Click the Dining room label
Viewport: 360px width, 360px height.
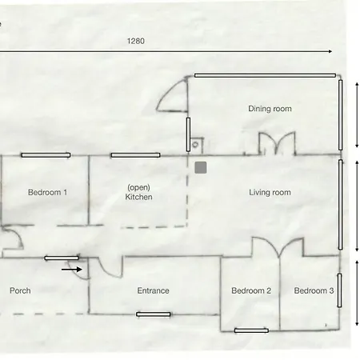pyautogui.click(x=270, y=109)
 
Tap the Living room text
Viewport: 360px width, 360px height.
pyautogui.click(x=270, y=192)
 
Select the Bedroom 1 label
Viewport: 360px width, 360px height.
pyautogui.click(x=47, y=192)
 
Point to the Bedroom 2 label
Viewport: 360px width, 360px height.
pyautogui.click(x=251, y=290)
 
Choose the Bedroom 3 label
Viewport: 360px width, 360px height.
pyautogui.click(x=314, y=290)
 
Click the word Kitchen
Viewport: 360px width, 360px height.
pyautogui.click(x=138, y=197)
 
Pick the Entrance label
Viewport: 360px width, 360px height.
pyautogui.click(x=153, y=290)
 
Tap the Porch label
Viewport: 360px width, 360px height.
pyautogui.click(x=20, y=290)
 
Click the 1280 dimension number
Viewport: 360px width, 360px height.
pyautogui.click(x=136, y=41)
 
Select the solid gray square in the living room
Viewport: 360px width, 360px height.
pyautogui.click(x=201, y=167)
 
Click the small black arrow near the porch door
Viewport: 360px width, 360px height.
pyautogui.click(x=71, y=270)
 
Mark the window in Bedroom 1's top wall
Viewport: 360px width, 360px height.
pyautogui.click(x=46, y=155)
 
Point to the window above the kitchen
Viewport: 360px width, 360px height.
pyautogui.click(x=135, y=155)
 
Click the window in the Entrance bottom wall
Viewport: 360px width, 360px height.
pyautogui.click(x=154, y=314)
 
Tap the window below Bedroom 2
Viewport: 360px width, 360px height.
pyautogui.click(x=251, y=330)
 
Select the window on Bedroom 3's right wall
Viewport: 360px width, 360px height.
pyautogui.click(x=339, y=290)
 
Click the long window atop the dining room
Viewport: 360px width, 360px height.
pyautogui.click(x=265, y=75)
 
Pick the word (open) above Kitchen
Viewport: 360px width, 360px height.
pyautogui.click(x=138, y=187)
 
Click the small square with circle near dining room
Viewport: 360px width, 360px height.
pyautogui.click(x=197, y=145)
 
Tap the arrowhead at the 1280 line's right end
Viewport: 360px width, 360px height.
pyautogui.click(x=330, y=51)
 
